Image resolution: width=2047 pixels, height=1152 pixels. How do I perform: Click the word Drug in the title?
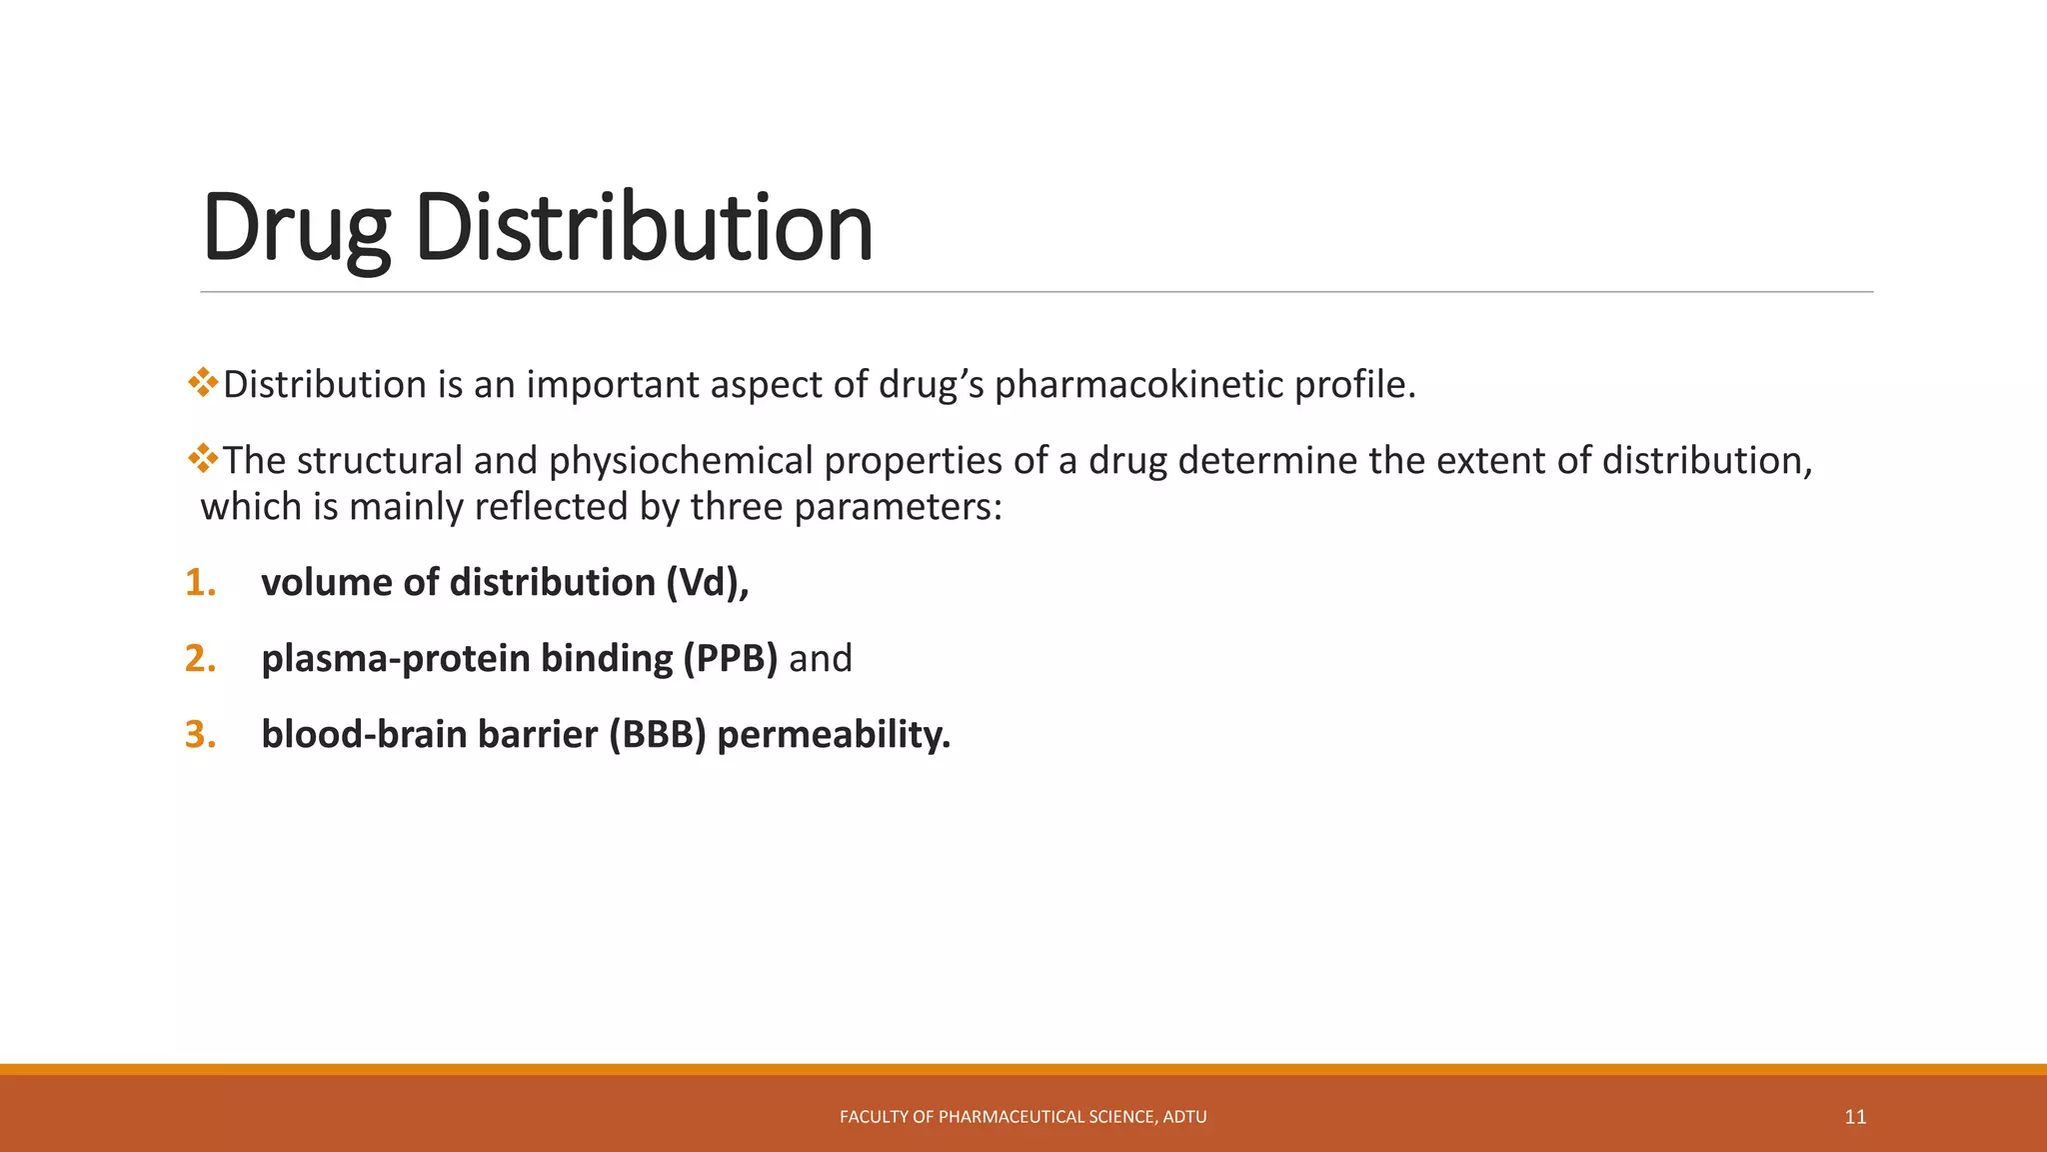pos(295,229)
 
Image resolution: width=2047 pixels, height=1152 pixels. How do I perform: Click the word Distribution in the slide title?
pos(644,229)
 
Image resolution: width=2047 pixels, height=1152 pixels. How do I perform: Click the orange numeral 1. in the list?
pos(201,583)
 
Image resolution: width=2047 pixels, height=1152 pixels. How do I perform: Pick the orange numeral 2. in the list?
pos(201,659)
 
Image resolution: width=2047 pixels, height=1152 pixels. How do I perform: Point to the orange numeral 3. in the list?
pos(201,735)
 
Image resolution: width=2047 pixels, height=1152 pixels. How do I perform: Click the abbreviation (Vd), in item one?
pos(708,583)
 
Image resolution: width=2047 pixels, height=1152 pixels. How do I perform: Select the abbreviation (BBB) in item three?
pos(657,735)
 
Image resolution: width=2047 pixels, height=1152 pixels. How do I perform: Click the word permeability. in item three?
pos(834,735)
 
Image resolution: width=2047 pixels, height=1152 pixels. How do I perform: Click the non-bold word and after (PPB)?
pos(821,659)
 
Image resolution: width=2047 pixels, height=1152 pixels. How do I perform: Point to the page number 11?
pos(1855,1117)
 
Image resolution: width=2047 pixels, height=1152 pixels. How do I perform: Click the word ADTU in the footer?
pos(1185,1117)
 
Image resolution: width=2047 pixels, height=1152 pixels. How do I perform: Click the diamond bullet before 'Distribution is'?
pos(203,382)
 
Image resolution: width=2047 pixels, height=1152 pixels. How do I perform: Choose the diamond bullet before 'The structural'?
pos(203,458)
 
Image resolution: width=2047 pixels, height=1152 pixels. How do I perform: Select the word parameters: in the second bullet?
pos(898,507)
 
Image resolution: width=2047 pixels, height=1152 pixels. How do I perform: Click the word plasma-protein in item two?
pos(396,659)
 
